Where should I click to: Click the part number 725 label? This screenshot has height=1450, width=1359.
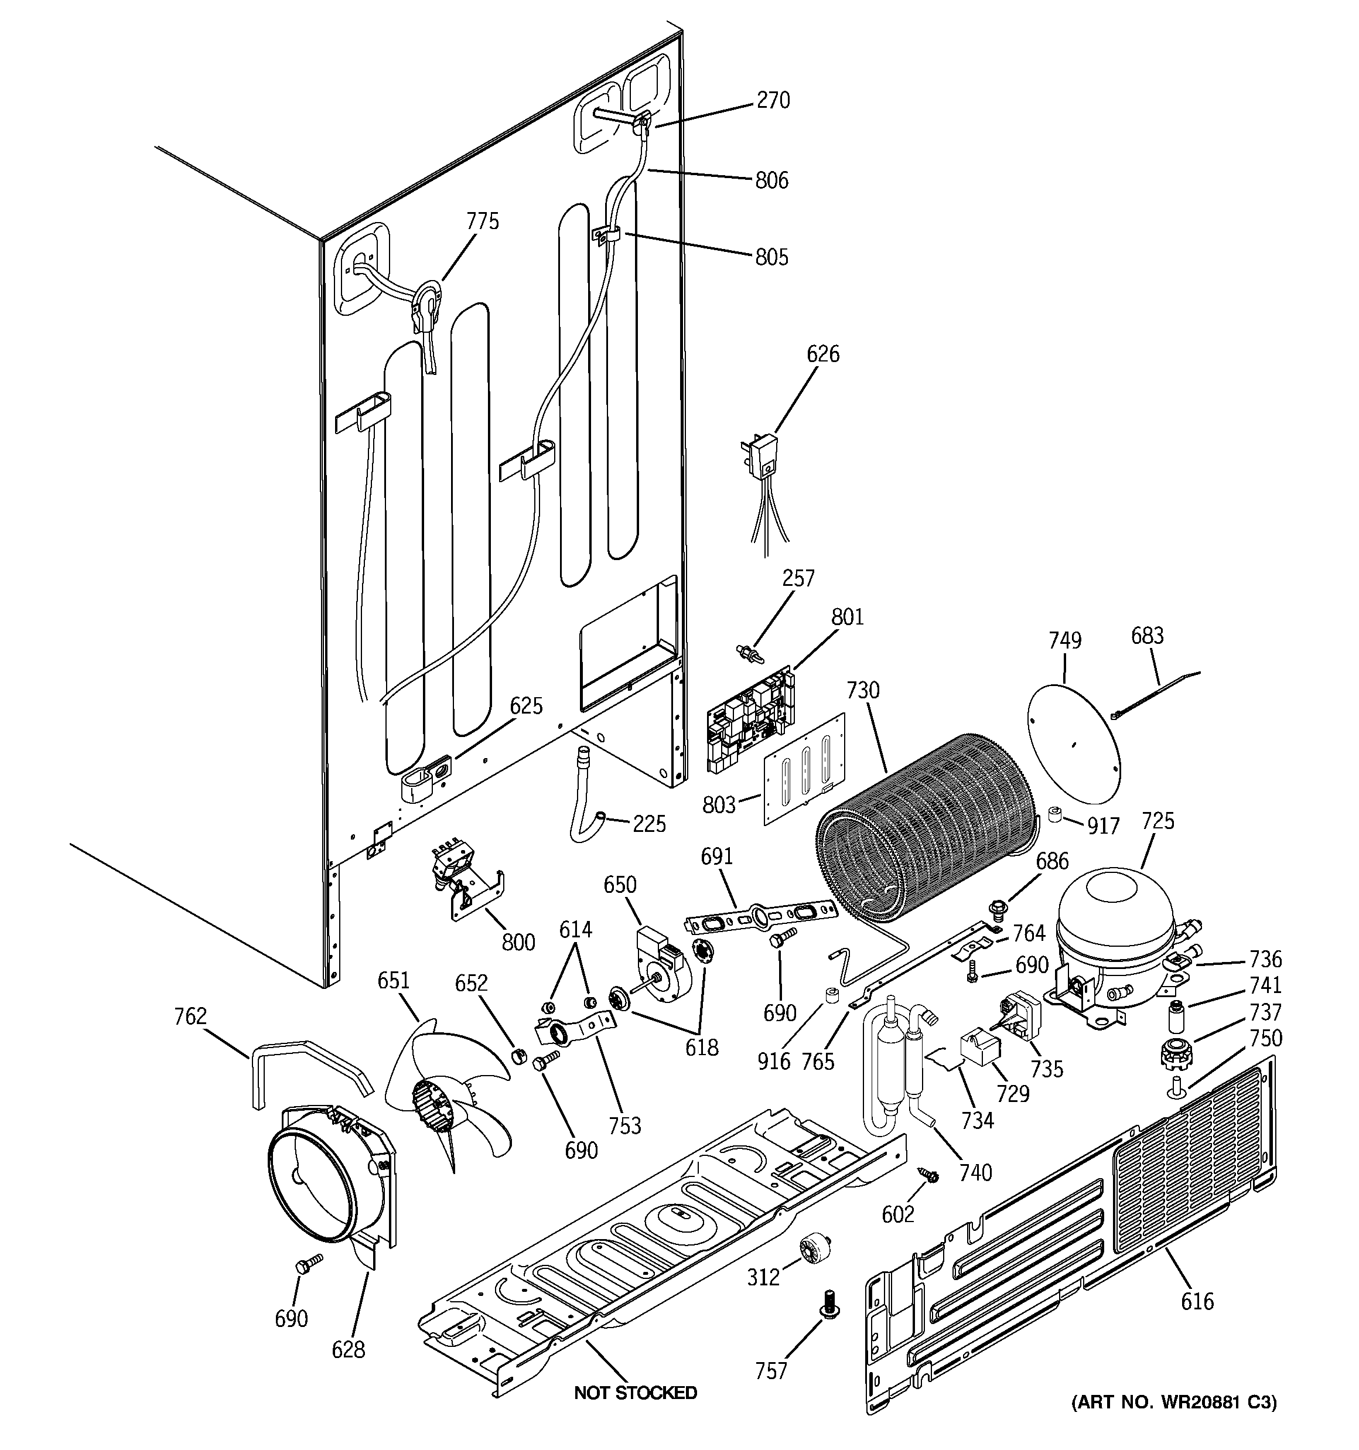(1159, 821)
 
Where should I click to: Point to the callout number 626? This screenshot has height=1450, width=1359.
(823, 354)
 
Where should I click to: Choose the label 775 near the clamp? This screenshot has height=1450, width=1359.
(482, 221)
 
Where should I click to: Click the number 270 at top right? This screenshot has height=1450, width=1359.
(773, 100)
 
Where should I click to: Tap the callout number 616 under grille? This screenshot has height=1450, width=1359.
(1197, 1301)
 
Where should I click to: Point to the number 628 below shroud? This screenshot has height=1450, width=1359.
(348, 1349)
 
